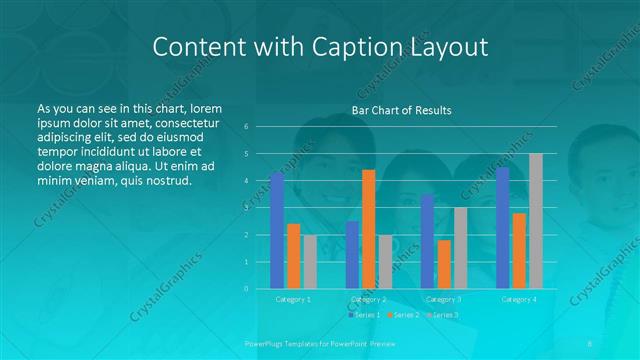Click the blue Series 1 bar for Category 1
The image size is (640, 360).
point(277,230)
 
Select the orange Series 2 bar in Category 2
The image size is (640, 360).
point(368,229)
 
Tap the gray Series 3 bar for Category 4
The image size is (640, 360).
point(535,221)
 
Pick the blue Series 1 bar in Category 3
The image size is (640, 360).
point(427,241)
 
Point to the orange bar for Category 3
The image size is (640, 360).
point(444,264)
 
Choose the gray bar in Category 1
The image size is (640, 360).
point(309,261)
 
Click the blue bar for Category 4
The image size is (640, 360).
point(502,227)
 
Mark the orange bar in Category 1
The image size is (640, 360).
point(293,256)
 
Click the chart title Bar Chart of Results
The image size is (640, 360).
point(401,110)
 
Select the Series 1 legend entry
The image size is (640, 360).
point(366,314)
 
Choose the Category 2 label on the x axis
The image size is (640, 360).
point(368,299)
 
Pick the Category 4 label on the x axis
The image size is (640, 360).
point(518,299)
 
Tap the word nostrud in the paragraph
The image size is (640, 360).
point(165,181)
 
